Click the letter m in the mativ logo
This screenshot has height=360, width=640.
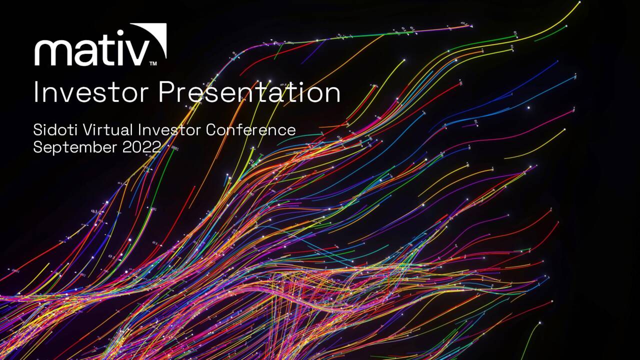(x=54, y=52)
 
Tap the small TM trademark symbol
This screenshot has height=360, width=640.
(x=153, y=64)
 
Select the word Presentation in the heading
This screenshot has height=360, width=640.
(x=249, y=93)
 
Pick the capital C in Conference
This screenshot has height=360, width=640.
(x=211, y=130)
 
